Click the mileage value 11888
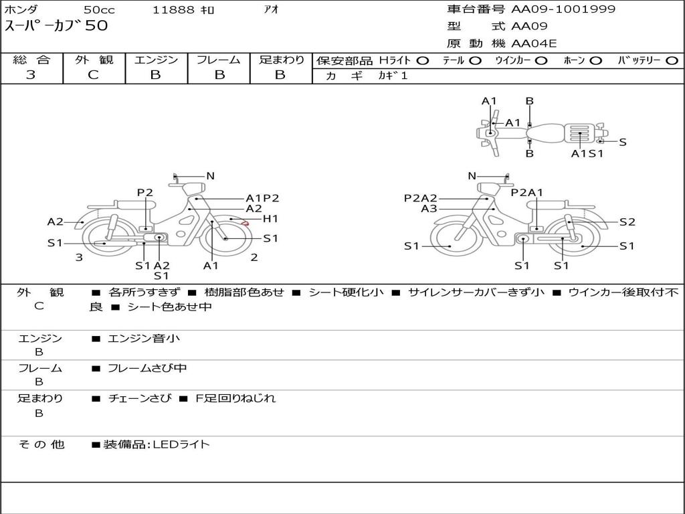point(174,10)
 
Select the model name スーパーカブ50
point(56,27)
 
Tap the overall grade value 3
point(31,75)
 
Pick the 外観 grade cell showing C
point(94,75)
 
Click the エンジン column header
point(156,60)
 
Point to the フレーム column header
point(218,60)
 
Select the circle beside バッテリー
point(672,61)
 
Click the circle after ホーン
point(596,61)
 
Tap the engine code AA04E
point(534,44)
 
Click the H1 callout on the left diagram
point(270,219)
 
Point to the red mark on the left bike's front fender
point(246,223)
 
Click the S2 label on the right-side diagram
point(627,222)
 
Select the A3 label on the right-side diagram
point(429,209)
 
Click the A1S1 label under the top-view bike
point(587,153)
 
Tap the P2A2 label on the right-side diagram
point(421,198)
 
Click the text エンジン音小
point(144,339)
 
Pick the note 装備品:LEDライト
point(157,444)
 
